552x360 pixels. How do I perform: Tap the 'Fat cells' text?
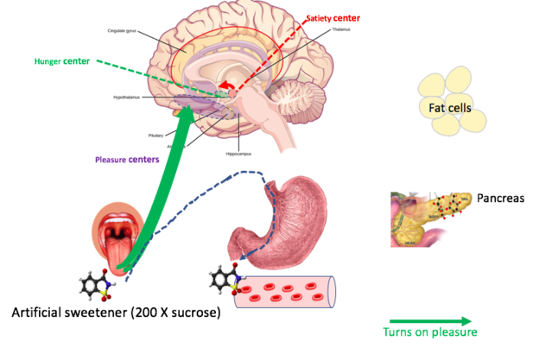[x=449, y=108]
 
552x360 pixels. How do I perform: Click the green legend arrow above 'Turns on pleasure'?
[x=428, y=319]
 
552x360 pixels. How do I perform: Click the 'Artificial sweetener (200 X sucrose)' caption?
[x=116, y=312]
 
